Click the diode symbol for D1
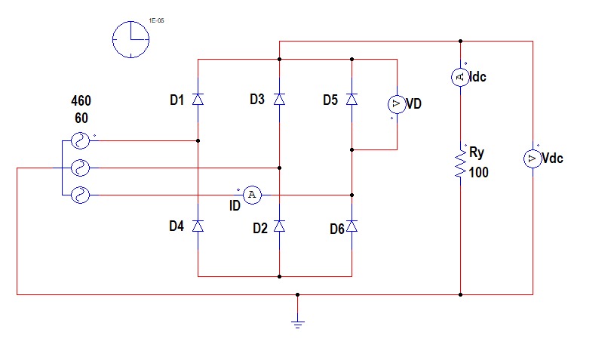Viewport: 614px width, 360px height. pyautogui.click(x=198, y=99)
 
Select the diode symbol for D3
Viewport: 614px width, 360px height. pyautogui.click(x=279, y=99)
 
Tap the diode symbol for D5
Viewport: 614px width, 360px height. pyautogui.click(x=352, y=99)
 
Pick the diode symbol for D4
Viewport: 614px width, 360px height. pyautogui.click(x=198, y=226)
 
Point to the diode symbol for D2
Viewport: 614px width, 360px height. pyautogui.click(x=279, y=226)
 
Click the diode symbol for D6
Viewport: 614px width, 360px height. pyautogui.click(x=352, y=226)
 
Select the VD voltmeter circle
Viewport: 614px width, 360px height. pyautogui.click(x=397, y=103)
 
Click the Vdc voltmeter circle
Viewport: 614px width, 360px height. pyautogui.click(x=533, y=158)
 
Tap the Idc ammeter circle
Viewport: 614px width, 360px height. pyautogui.click(x=460, y=76)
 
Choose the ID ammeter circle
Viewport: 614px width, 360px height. pyautogui.click(x=253, y=195)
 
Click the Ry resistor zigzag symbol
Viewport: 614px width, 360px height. pyautogui.click(x=460, y=162)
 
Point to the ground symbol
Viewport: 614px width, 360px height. pyautogui.click(x=298, y=323)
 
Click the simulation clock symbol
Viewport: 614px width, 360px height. pyautogui.click(x=130, y=38)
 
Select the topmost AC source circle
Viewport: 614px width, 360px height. pyautogui.click(x=79, y=140)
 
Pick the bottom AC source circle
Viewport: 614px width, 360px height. pyautogui.click(x=79, y=195)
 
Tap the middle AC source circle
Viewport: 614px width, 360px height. pyautogui.click(x=79, y=168)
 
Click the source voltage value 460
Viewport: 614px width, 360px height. pyautogui.click(x=81, y=101)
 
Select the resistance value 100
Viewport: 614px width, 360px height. pyautogui.click(x=478, y=173)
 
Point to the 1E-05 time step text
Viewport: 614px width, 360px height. pyautogui.click(x=156, y=21)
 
